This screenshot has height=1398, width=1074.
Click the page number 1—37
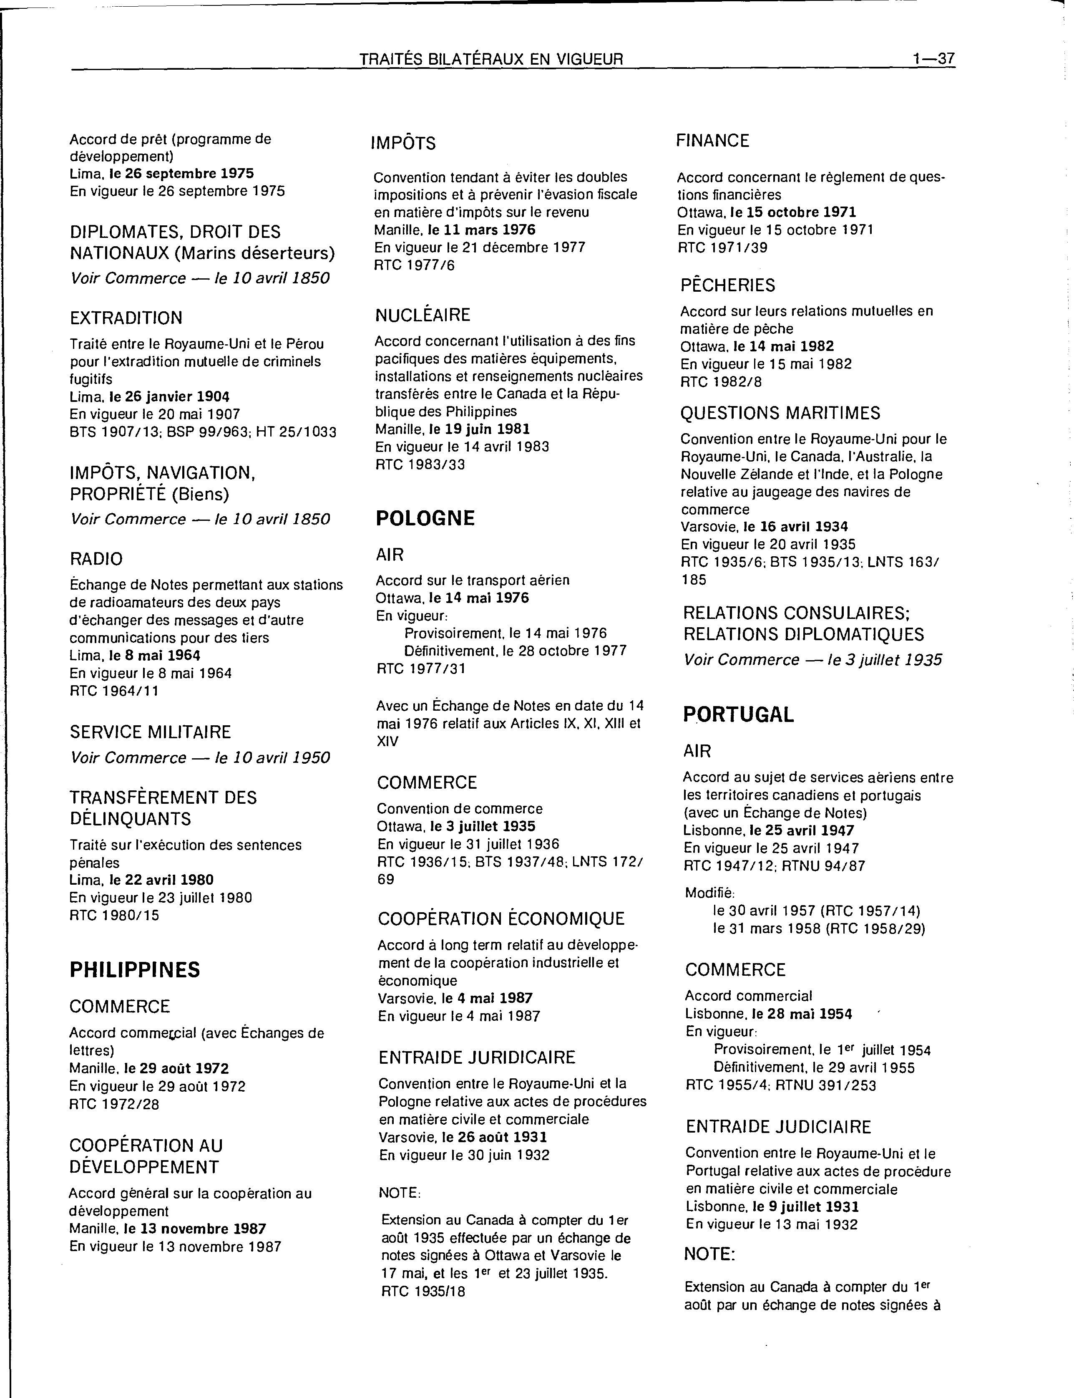tap(933, 59)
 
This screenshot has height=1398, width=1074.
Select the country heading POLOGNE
tap(425, 518)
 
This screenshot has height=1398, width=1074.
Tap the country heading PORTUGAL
tap(738, 714)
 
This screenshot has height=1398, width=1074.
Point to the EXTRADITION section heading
tap(126, 318)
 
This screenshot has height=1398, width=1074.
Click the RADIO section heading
tap(96, 559)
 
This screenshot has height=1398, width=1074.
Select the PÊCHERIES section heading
tap(727, 285)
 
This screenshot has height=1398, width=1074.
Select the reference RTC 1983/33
tap(420, 464)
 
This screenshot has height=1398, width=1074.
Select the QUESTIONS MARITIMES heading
tap(780, 413)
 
